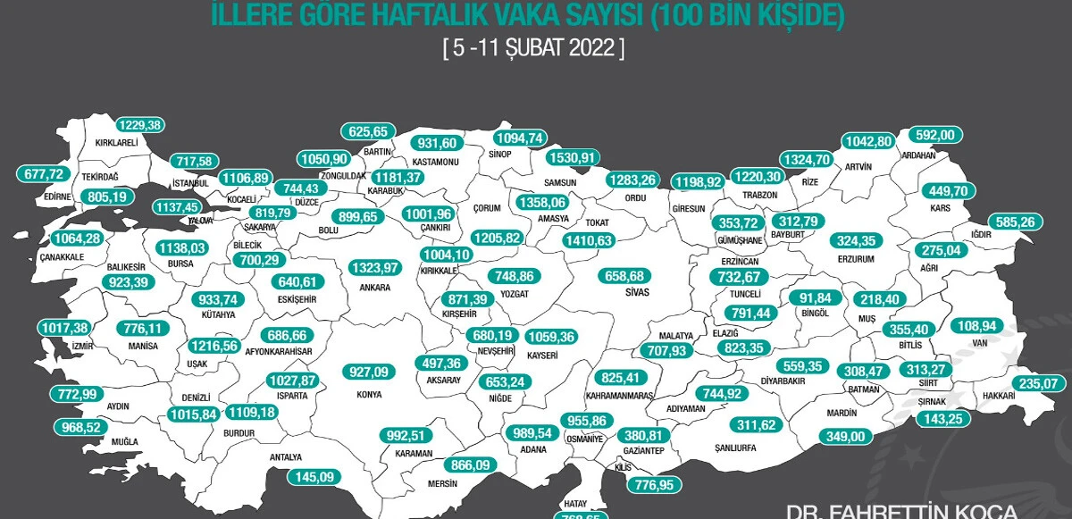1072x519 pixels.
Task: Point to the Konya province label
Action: coord(368,394)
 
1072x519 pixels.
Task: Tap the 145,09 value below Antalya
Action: coord(316,477)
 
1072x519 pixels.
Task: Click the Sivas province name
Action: coord(635,291)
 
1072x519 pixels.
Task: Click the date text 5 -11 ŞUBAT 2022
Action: coord(534,48)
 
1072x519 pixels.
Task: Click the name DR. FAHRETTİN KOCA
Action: coord(902,511)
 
